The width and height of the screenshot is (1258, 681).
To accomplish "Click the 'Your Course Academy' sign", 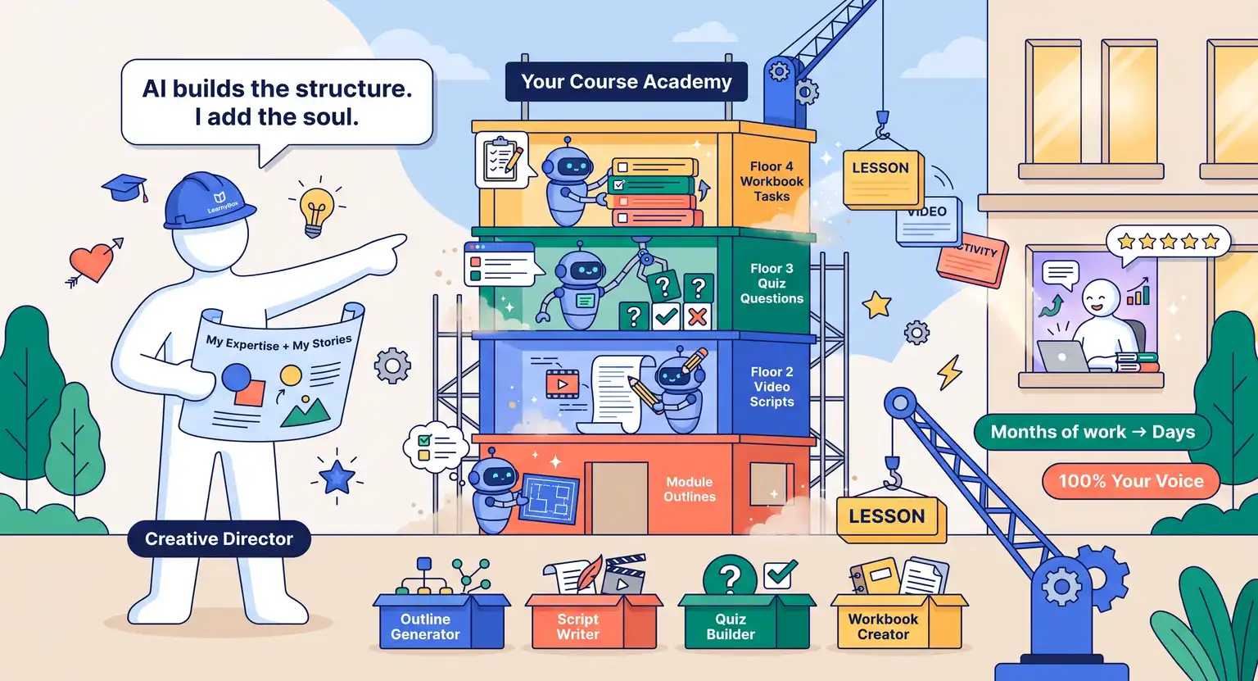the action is tap(627, 81).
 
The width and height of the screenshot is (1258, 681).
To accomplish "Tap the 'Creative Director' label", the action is tap(219, 539).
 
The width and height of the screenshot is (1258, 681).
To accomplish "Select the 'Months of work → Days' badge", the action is tap(1093, 432).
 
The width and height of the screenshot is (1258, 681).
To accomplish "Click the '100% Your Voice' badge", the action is tap(1131, 481).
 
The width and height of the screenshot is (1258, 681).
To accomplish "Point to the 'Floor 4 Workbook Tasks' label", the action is tap(772, 181).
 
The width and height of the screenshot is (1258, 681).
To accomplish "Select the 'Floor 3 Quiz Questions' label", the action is tap(772, 284).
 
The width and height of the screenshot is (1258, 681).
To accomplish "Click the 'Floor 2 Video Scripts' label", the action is tap(772, 387).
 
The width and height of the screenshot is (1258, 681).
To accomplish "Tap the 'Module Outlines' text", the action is tap(690, 489).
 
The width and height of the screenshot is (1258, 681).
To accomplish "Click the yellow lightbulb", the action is tap(317, 211).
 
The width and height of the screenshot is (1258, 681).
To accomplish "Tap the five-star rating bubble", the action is tap(1168, 243).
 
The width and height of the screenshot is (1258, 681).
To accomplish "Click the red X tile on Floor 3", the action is tap(698, 317).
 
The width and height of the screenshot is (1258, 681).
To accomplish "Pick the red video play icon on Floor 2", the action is tap(562, 384).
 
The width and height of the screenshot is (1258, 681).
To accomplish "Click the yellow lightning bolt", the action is tap(950, 372).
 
